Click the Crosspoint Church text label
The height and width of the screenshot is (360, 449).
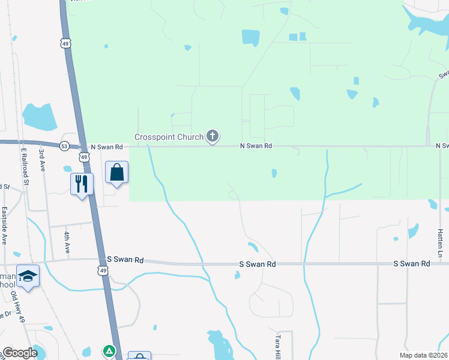click(169, 137)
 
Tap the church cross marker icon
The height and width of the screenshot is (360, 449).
click(212, 137)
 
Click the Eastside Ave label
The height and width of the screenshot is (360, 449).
click(4, 226)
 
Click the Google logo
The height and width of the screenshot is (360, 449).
click(19, 353)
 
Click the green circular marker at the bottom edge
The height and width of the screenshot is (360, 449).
click(109, 350)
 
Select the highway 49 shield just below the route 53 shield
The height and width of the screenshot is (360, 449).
click(84, 157)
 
